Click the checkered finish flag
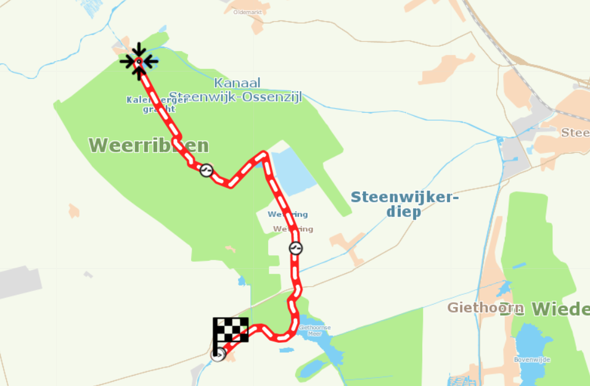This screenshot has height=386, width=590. pyautogui.click(x=231, y=330)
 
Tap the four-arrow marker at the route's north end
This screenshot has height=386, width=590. pyautogui.click(x=139, y=62)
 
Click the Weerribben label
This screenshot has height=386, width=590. pyautogui.click(x=149, y=146)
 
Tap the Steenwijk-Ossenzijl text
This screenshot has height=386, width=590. pyautogui.click(x=236, y=97)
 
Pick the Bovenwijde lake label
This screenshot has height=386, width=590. pyautogui.click(x=531, y=359)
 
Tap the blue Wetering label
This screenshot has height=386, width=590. pyautogui.click(x=287, y=215)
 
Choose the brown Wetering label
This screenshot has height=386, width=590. pyautogui.click(x=293, y=229)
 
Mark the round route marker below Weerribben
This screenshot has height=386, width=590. pyautogui.click(x=207, y=170)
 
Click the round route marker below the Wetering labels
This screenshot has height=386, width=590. pyautogui.click(x=296, y=248)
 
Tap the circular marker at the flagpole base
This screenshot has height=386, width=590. pyautogui.click(x=218, y=355)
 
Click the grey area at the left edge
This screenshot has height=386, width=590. pyautogui.click(x=18, y=282)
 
